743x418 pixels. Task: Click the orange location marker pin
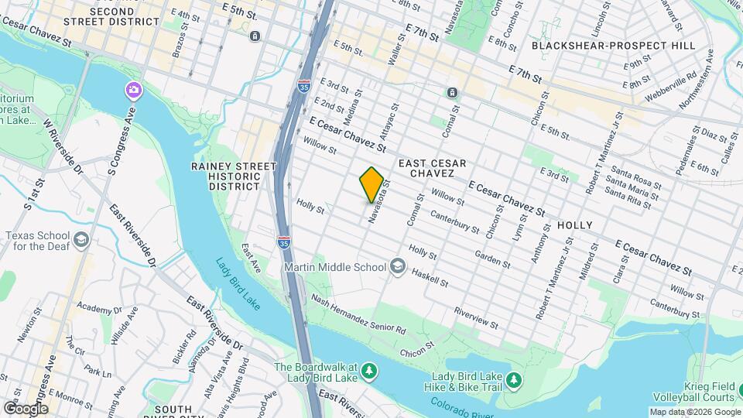click(371, 184)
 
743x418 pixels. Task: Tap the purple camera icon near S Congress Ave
click(134, 91)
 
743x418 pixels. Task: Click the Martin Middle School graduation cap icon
click(398, 267)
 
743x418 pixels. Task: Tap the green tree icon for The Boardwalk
click(370, 372)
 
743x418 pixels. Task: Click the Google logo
click(25, 408)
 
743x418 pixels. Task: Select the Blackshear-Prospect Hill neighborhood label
click(614, 46)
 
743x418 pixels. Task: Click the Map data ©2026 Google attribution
click(694, 412)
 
